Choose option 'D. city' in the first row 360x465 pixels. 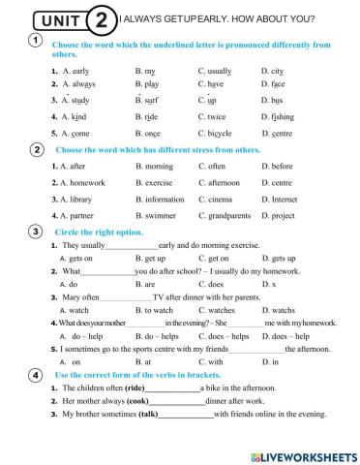[x=272, y=71]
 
